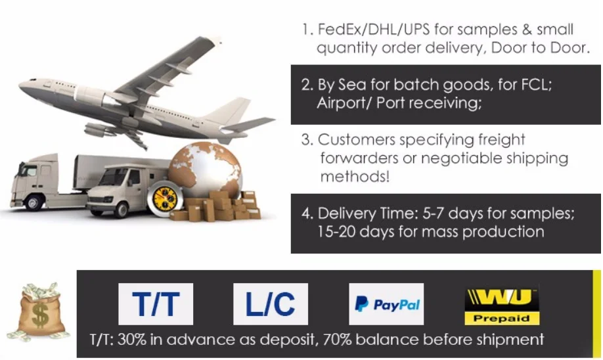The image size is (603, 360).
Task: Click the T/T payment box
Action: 156,304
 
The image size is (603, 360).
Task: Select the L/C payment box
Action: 271,304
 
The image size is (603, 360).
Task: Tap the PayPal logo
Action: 386,304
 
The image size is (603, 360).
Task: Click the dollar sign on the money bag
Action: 39,315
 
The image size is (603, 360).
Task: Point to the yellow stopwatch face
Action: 166,200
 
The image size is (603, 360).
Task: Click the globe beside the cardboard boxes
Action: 206,169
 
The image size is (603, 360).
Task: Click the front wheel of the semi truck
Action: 34,202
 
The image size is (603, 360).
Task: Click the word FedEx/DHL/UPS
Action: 374,29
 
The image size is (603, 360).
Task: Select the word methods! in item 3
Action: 355,177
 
